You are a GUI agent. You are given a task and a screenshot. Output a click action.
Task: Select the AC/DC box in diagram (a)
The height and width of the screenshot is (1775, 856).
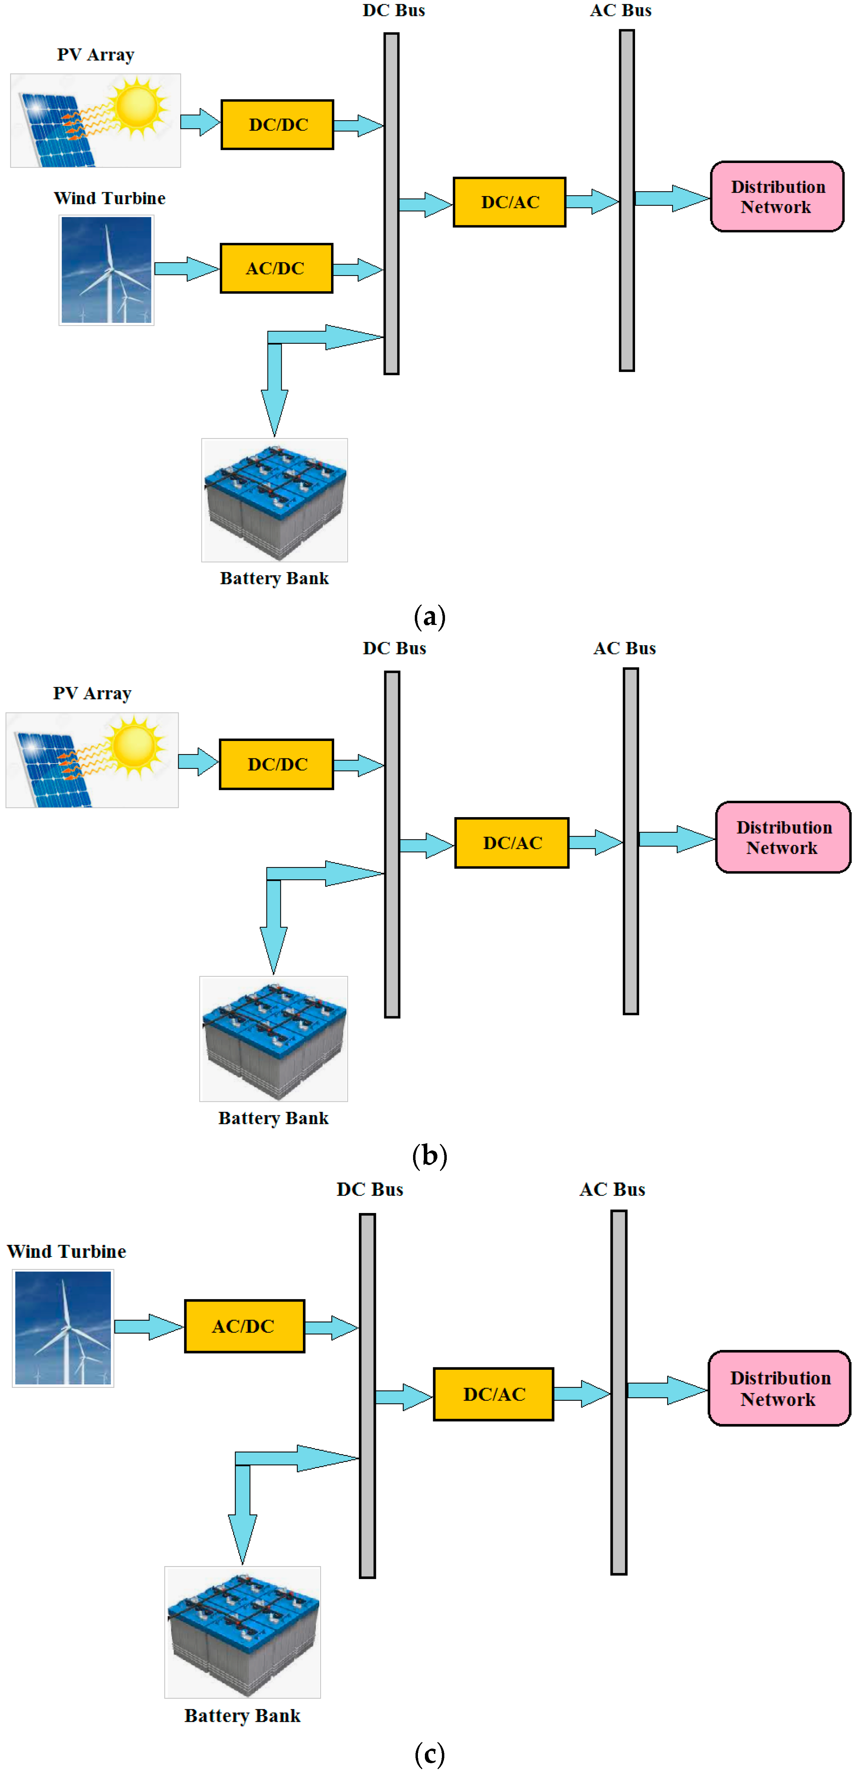(x=276, y=268)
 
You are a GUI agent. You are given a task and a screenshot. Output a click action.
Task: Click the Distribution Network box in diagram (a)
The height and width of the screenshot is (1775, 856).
(x=777, y=197)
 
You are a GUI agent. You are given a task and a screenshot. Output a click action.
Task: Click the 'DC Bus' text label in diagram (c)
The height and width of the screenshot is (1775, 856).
(x=370, y=1189)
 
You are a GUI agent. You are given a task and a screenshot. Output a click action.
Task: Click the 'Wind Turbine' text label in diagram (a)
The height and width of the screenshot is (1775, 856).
(x=109, y=198)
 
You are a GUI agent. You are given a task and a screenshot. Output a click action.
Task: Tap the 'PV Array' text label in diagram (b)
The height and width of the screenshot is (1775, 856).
(x=92, y=693)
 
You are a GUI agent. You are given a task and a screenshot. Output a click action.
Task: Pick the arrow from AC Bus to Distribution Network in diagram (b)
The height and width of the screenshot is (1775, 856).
(x=676, y=839)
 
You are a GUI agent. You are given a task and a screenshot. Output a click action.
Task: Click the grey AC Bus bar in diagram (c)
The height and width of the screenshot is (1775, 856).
(x=618, y=1392)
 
